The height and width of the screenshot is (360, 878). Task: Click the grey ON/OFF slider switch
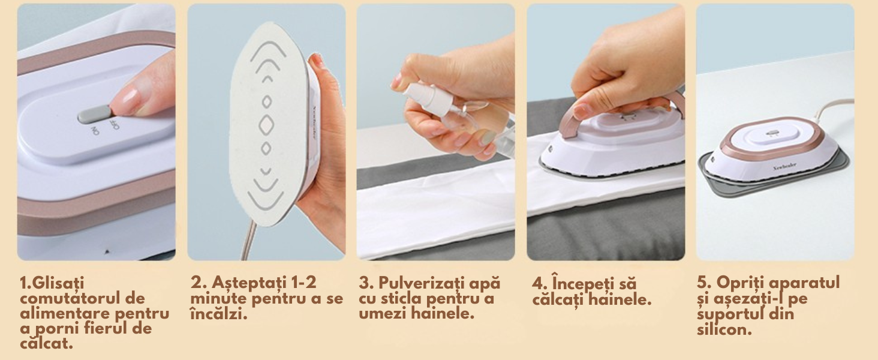click(95, 115)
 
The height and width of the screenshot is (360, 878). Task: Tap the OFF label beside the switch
click(116, 125)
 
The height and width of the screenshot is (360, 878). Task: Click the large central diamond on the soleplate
click(266, 125)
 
